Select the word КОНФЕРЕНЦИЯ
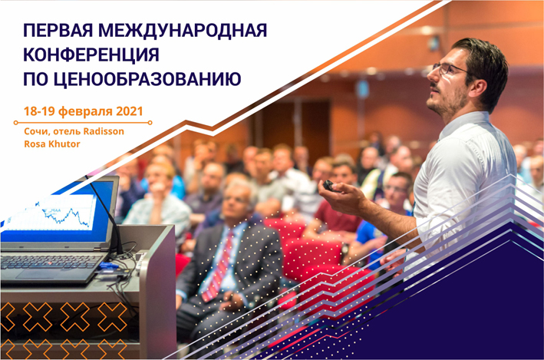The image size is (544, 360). coord(91,55)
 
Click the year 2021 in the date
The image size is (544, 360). coord(130,111)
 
